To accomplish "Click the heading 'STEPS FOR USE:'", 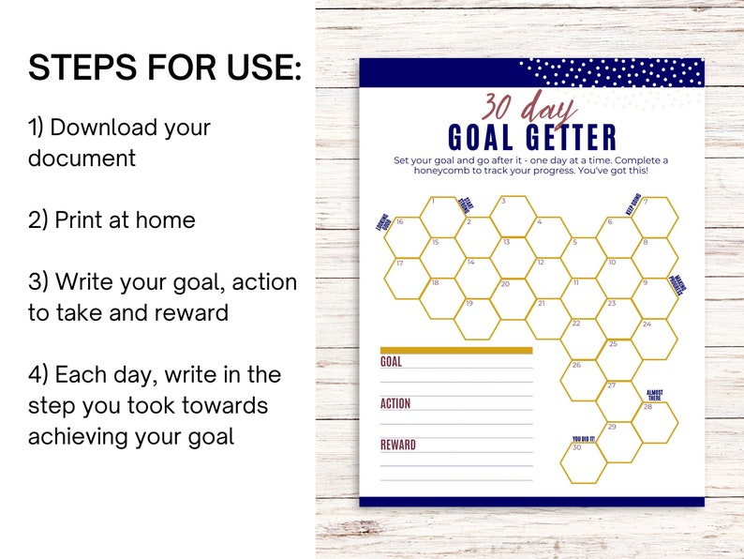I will click(165, 68).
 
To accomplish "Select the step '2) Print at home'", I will click(112, 219).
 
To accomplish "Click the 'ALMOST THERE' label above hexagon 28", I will click(655, 394).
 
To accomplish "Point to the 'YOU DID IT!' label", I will click(583, 438).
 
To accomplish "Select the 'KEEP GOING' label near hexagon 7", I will click(633, 204).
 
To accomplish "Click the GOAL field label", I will click(391, 362).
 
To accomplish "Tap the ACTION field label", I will click(395, 403).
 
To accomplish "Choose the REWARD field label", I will click(397, 445).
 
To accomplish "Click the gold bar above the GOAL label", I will click(456, 351).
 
